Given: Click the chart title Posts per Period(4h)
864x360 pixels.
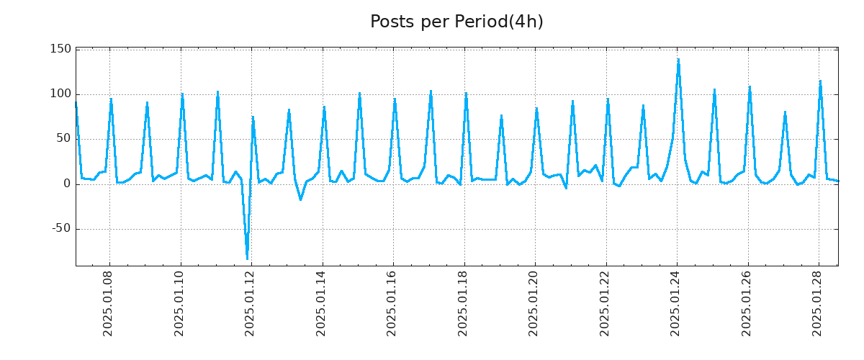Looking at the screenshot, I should click(x=456, y=22).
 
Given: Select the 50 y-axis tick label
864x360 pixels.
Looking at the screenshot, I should click(x=64, y=139).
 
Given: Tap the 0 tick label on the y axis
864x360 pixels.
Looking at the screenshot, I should click(x=67, y=184).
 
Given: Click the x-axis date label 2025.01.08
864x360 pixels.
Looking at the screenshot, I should click(x=109, y=305).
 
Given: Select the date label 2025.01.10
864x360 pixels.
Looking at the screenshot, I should click(x=181, y=305).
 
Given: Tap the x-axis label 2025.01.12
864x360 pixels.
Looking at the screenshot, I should click(x=251, y=305).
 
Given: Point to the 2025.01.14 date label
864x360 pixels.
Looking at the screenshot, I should click(x=323, y=305).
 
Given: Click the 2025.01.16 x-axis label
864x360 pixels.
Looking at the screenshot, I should click(x=393, y=305).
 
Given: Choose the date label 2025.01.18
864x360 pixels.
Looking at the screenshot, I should click(x=464, y=305).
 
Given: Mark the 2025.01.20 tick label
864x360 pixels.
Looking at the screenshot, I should click(x=535, y=305).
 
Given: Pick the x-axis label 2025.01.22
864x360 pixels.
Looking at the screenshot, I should click(x=606, y=305).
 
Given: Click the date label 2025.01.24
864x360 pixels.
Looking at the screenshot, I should click(x=677, y=305).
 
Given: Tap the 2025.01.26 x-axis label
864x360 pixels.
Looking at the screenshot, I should click(x=748, y=305).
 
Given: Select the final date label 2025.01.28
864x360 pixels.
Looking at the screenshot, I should click(x=819, y=305).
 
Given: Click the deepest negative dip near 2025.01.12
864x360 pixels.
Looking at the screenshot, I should click(x=247, y=258).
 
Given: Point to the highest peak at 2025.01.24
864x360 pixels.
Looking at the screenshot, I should click(x=678, y=60).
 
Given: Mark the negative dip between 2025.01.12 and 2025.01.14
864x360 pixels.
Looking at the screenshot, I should click(x=300, y=199).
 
